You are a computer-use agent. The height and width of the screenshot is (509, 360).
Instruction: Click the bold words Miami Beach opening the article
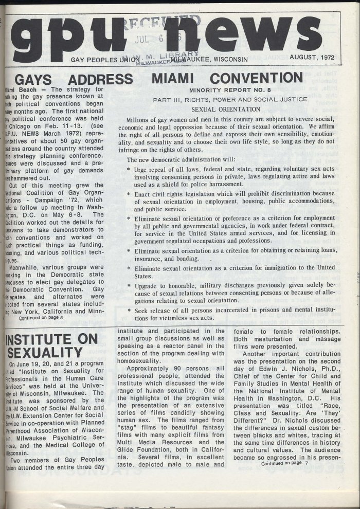(19, 89)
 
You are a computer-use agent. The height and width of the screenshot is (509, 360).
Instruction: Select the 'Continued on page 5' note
(41, 318)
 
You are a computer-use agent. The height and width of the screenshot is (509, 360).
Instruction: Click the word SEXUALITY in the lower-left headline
(43, 353)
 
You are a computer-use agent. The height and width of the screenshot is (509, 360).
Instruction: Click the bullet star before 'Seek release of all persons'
(129, 311)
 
